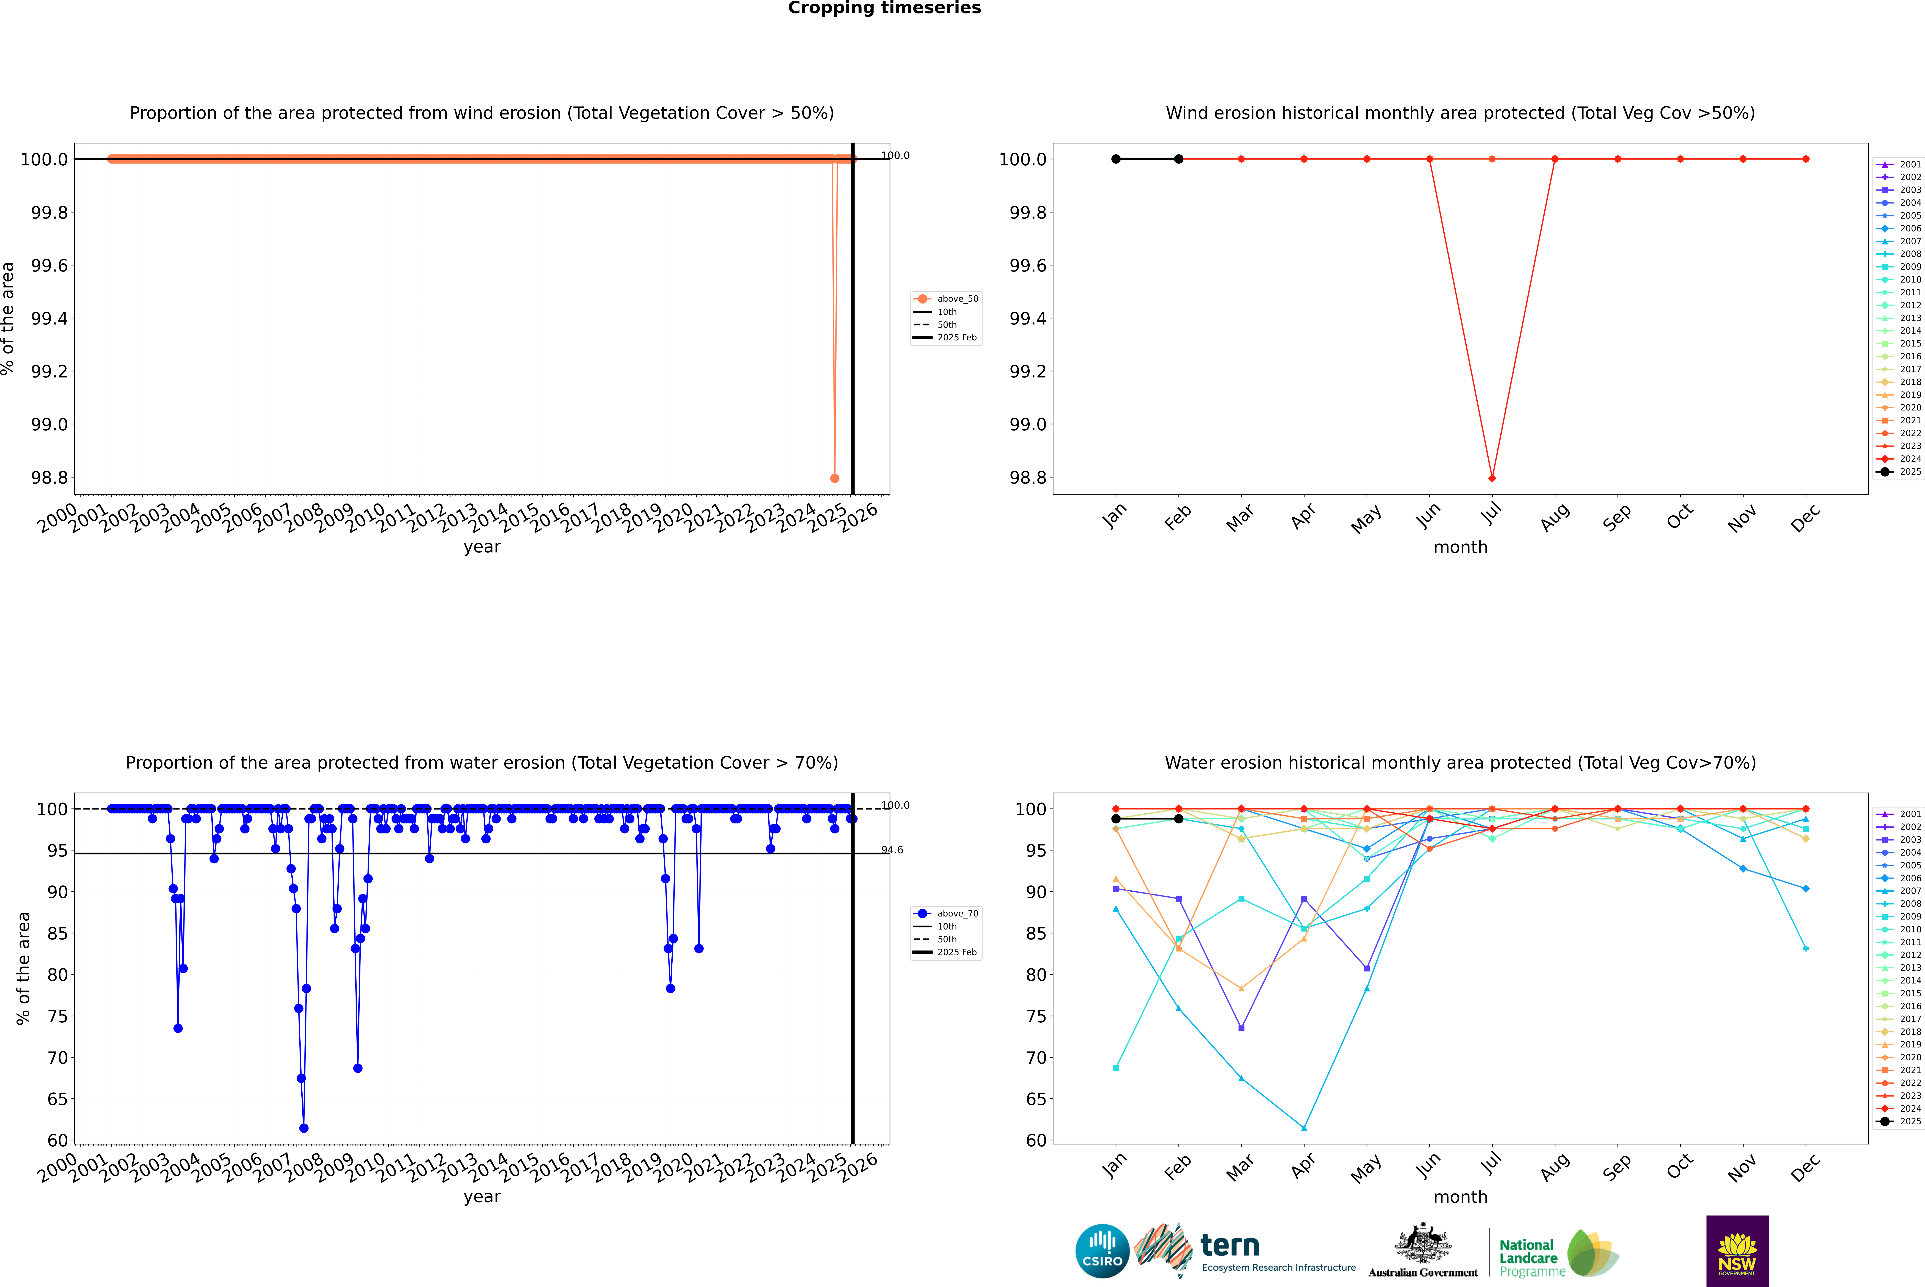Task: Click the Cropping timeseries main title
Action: pyautogui.click(x=884, y=8)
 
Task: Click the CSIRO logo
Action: pyautogui.click(x=1102, y=1251)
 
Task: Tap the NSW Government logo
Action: pyautogui.click(x=1737, y=1251)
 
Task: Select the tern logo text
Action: pyautogui.click(x=1229, y=1245)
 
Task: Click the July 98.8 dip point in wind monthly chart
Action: pyautogui.click(x=1492, y=478)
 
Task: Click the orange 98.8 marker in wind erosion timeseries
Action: pyautogui.click(x=835, y=478)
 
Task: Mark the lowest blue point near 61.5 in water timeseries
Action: pyautogui.click(x=304, y=1128)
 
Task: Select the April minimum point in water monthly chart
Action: pyautogui.click(x=1304, y=1128)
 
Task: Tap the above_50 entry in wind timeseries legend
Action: pyautogui.click(x=957, y=299)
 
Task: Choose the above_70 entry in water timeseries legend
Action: pyautogui.click(x=957, y=914)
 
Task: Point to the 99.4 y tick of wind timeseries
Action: pyautogui.click(x=49, y=318)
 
